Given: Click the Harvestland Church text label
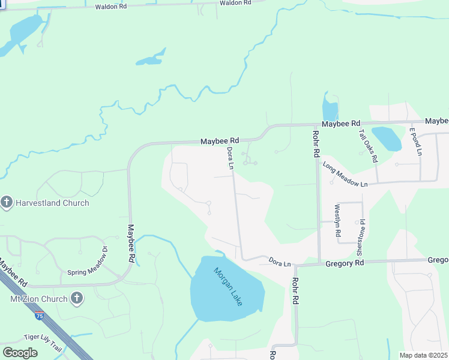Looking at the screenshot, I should click(x=52, y=203).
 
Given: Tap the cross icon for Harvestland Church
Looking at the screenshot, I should click(x=7, y=202).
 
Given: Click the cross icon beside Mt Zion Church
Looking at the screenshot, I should click(x=77, y=298).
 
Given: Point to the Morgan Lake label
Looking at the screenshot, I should click(x=228, y=286).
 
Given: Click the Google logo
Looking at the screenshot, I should click(x=20, y=353).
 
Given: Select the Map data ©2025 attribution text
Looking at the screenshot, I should click(x=424, y=355).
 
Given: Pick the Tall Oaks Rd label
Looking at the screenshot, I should click(x=367, y=146).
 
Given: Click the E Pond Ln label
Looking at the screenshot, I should click(x=416, y=142).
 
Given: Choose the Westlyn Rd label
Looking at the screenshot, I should click(x=337, y=220).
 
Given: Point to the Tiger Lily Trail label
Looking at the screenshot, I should click(x=43, y=340).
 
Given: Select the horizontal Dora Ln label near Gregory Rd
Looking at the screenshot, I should click(x=280, y=263).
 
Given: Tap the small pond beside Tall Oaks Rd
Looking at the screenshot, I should click(x=387, y=139).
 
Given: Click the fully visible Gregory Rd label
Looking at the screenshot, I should click(x=345, y=263).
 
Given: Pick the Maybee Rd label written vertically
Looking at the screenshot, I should click(x=130, y=244).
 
